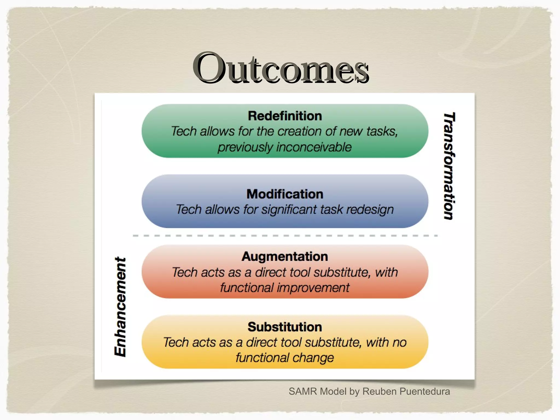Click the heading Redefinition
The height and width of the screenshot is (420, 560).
click(x=285, y=116)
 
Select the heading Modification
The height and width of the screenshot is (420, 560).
click(x=285, y=194)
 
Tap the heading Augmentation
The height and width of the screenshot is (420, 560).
click(x=285, y=257)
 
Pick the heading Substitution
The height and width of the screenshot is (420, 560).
click(x=285, y=327)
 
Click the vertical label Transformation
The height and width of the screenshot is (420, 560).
click(x=449, y=166)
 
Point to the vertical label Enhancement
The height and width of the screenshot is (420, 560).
click(x=120, y=307)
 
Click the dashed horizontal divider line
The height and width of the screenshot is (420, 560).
click(x=285, y=235)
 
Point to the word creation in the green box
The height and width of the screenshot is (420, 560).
click(x=299, y=132)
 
